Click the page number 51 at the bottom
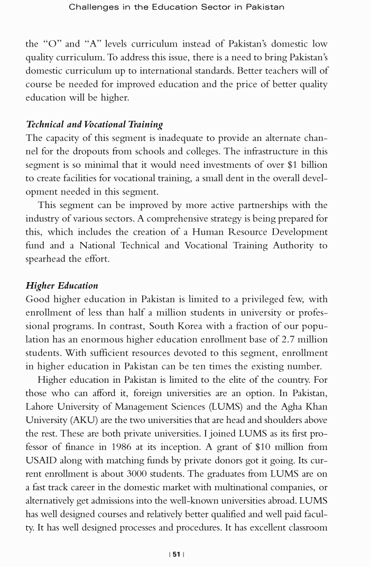pos(176,554)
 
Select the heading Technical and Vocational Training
pos(94,124)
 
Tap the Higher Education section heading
pos(62,285)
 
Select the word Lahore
pos(42,407)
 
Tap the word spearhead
pos(49,259)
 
